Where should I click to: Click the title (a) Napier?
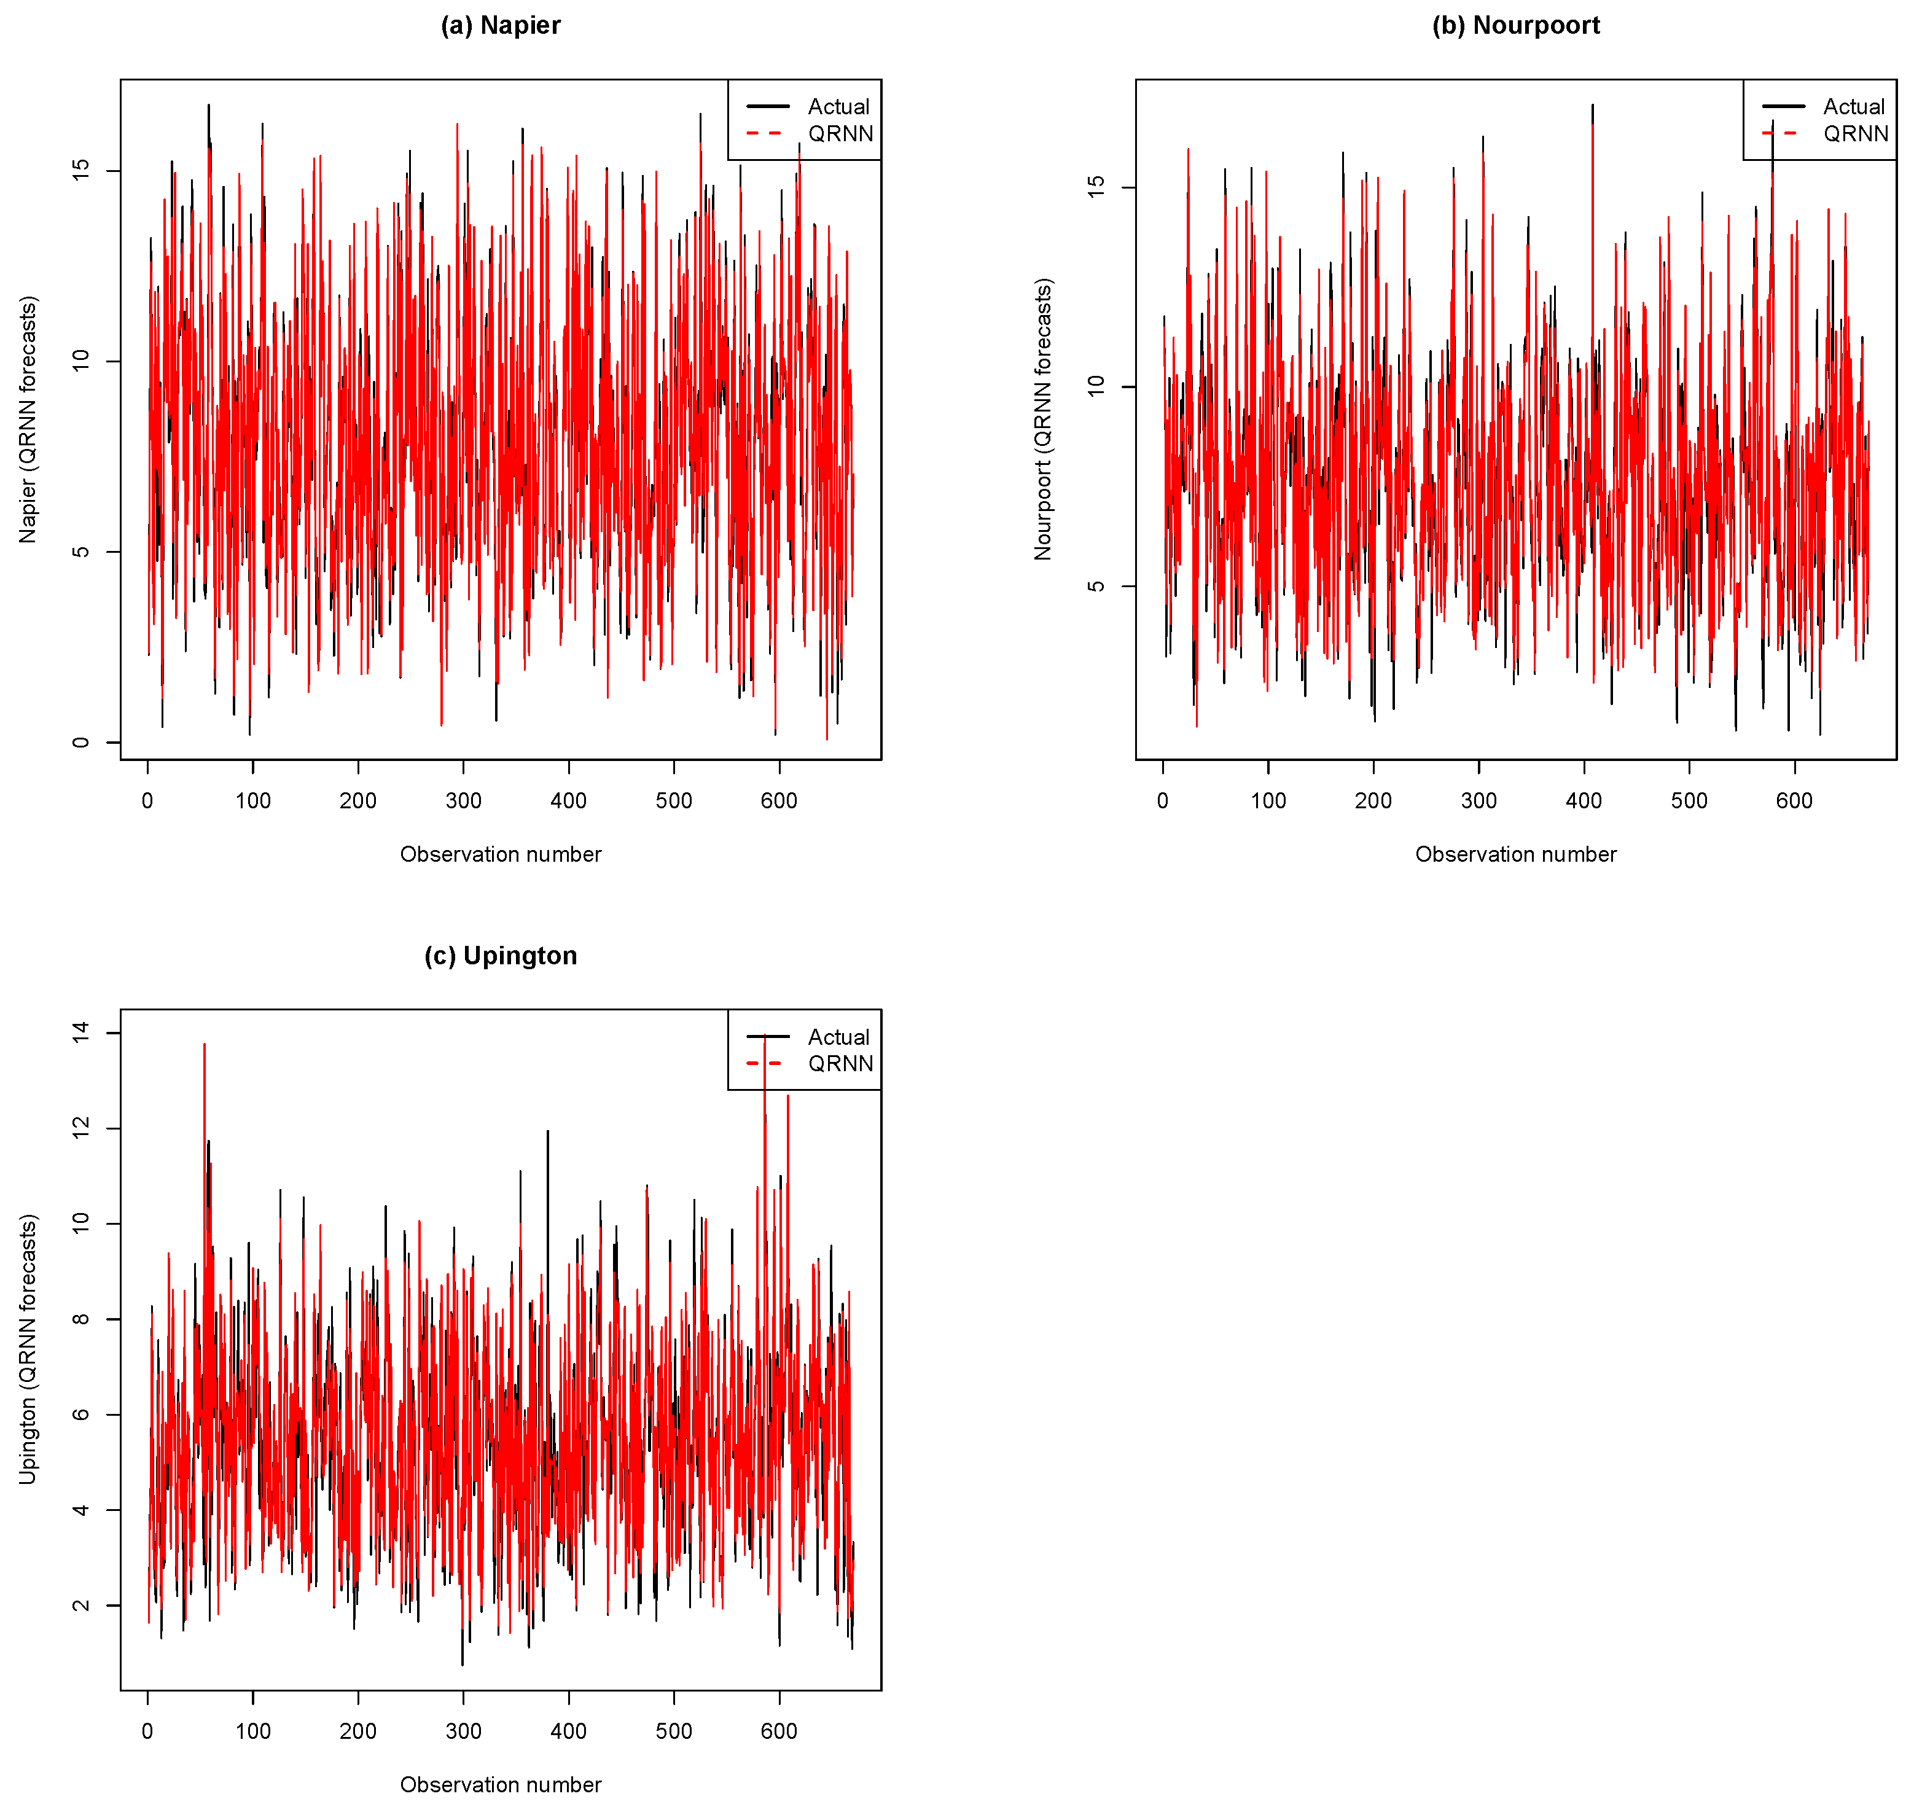point(500,26)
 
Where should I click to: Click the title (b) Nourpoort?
point(1515,26)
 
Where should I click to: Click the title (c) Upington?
point(500,956)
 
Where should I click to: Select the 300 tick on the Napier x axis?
point(463,800)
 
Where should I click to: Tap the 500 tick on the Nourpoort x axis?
point(1690,800)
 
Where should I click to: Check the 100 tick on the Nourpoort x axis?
point(1268,800)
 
